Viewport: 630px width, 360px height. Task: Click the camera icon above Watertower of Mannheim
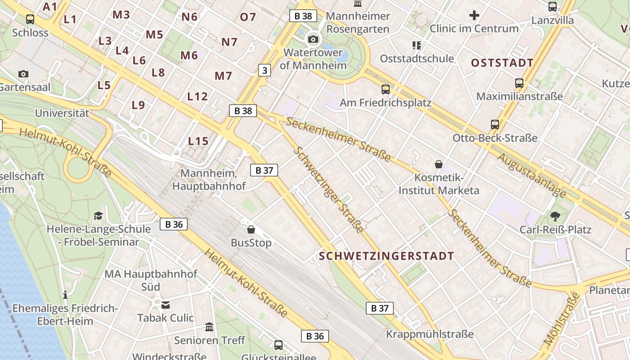[313, 39]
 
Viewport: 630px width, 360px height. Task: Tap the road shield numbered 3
[265, 70]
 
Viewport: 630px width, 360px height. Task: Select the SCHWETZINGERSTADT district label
[387, 256]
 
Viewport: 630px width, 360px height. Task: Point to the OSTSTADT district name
[502, 63]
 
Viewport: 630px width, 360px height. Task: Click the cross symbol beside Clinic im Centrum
[474, 16]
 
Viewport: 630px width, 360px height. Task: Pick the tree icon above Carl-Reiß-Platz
[555, 216]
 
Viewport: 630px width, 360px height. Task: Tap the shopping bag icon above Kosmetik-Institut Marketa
[439, 164]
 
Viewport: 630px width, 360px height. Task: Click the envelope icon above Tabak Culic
[166, 305]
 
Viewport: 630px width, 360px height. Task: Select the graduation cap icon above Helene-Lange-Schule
[99, 216]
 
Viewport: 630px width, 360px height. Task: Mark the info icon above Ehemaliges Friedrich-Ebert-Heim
[65, 295]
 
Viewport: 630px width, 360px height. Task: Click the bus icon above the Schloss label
[30, 19]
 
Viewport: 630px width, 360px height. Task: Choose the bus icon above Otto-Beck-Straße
[495, 125]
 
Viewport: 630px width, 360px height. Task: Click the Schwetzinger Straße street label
[328, 189]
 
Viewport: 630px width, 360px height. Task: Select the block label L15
[198, 141]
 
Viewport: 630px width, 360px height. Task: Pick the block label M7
[223, 76]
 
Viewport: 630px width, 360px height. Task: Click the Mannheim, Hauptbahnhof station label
[209, 180]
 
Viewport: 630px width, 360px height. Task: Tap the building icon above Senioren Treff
[209, 327]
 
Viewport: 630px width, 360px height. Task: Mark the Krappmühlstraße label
[430, 334]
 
